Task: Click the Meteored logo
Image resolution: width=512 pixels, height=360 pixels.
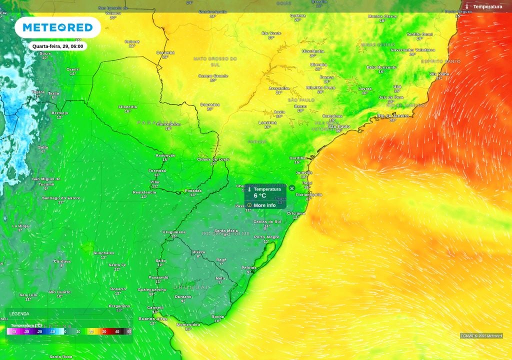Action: [x=57, y=27]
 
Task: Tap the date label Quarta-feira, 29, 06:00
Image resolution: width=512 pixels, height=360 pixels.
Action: [x=57, y=46]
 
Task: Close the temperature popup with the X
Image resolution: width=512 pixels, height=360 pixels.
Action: [x=292, y=188]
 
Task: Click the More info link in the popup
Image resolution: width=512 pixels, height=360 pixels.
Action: [x=264, y=205]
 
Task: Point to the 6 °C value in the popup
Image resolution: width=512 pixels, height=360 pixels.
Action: [x=260, y=196]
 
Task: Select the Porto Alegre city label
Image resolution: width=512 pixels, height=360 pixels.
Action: [x=266, y=237]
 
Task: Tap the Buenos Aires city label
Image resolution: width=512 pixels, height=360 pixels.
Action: [x=153, y=318]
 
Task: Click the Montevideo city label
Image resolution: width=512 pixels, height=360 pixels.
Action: [x=188, y=324]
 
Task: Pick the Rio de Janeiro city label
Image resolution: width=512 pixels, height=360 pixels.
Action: [x=392, y=115]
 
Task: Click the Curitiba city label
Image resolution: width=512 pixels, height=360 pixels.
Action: [x=297, y=158]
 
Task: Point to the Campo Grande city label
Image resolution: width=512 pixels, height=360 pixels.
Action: [x=213, y=76]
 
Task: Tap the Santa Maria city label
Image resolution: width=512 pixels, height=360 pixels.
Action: [x=226, y=230]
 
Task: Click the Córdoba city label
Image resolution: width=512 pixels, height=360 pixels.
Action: [x=62, y=261]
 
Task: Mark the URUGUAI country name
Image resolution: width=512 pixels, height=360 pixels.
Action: [x=190, y=287]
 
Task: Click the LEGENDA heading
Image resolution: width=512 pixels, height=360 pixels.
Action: [x=19, y=313]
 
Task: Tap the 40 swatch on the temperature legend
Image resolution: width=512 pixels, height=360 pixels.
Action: [x=117, y=331]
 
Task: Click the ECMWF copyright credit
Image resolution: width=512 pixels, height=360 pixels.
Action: [x=481, y=335]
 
